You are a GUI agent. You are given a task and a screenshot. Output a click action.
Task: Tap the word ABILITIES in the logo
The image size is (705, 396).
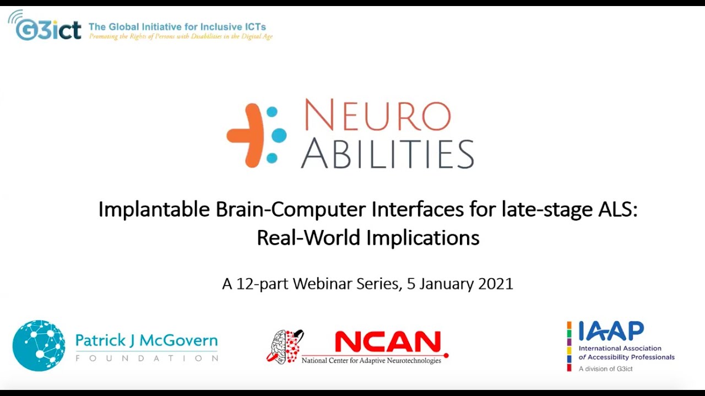(387, 153)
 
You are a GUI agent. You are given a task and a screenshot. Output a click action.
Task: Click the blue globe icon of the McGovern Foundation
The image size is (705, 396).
(39, 345)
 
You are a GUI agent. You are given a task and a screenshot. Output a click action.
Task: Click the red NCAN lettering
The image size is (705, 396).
(388, 343)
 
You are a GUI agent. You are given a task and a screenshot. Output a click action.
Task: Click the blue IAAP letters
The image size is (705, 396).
(611, 332)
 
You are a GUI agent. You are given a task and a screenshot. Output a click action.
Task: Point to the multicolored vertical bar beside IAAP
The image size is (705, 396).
(570, 346)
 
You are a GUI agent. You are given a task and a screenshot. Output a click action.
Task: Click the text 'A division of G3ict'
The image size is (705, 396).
(605, 369)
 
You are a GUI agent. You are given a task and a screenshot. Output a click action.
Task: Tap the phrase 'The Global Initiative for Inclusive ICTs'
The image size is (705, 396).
(177, 26)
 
